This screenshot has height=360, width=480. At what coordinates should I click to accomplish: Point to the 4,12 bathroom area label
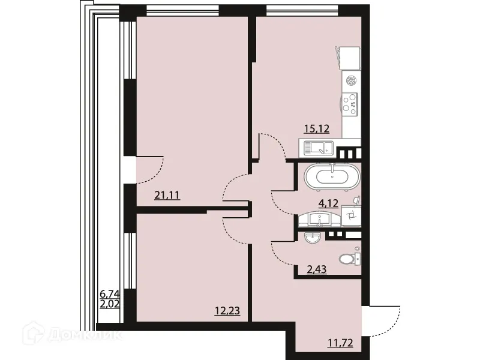click(328, 203)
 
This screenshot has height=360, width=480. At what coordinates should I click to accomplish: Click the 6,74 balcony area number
click(110, 294)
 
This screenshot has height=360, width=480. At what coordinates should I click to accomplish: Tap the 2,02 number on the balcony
click(110, 304)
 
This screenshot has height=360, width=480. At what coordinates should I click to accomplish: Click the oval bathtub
click(332, 176)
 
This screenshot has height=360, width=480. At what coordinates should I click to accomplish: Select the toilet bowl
click(348, 259)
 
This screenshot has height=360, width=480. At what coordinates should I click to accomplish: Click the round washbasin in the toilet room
click(313, 238)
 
